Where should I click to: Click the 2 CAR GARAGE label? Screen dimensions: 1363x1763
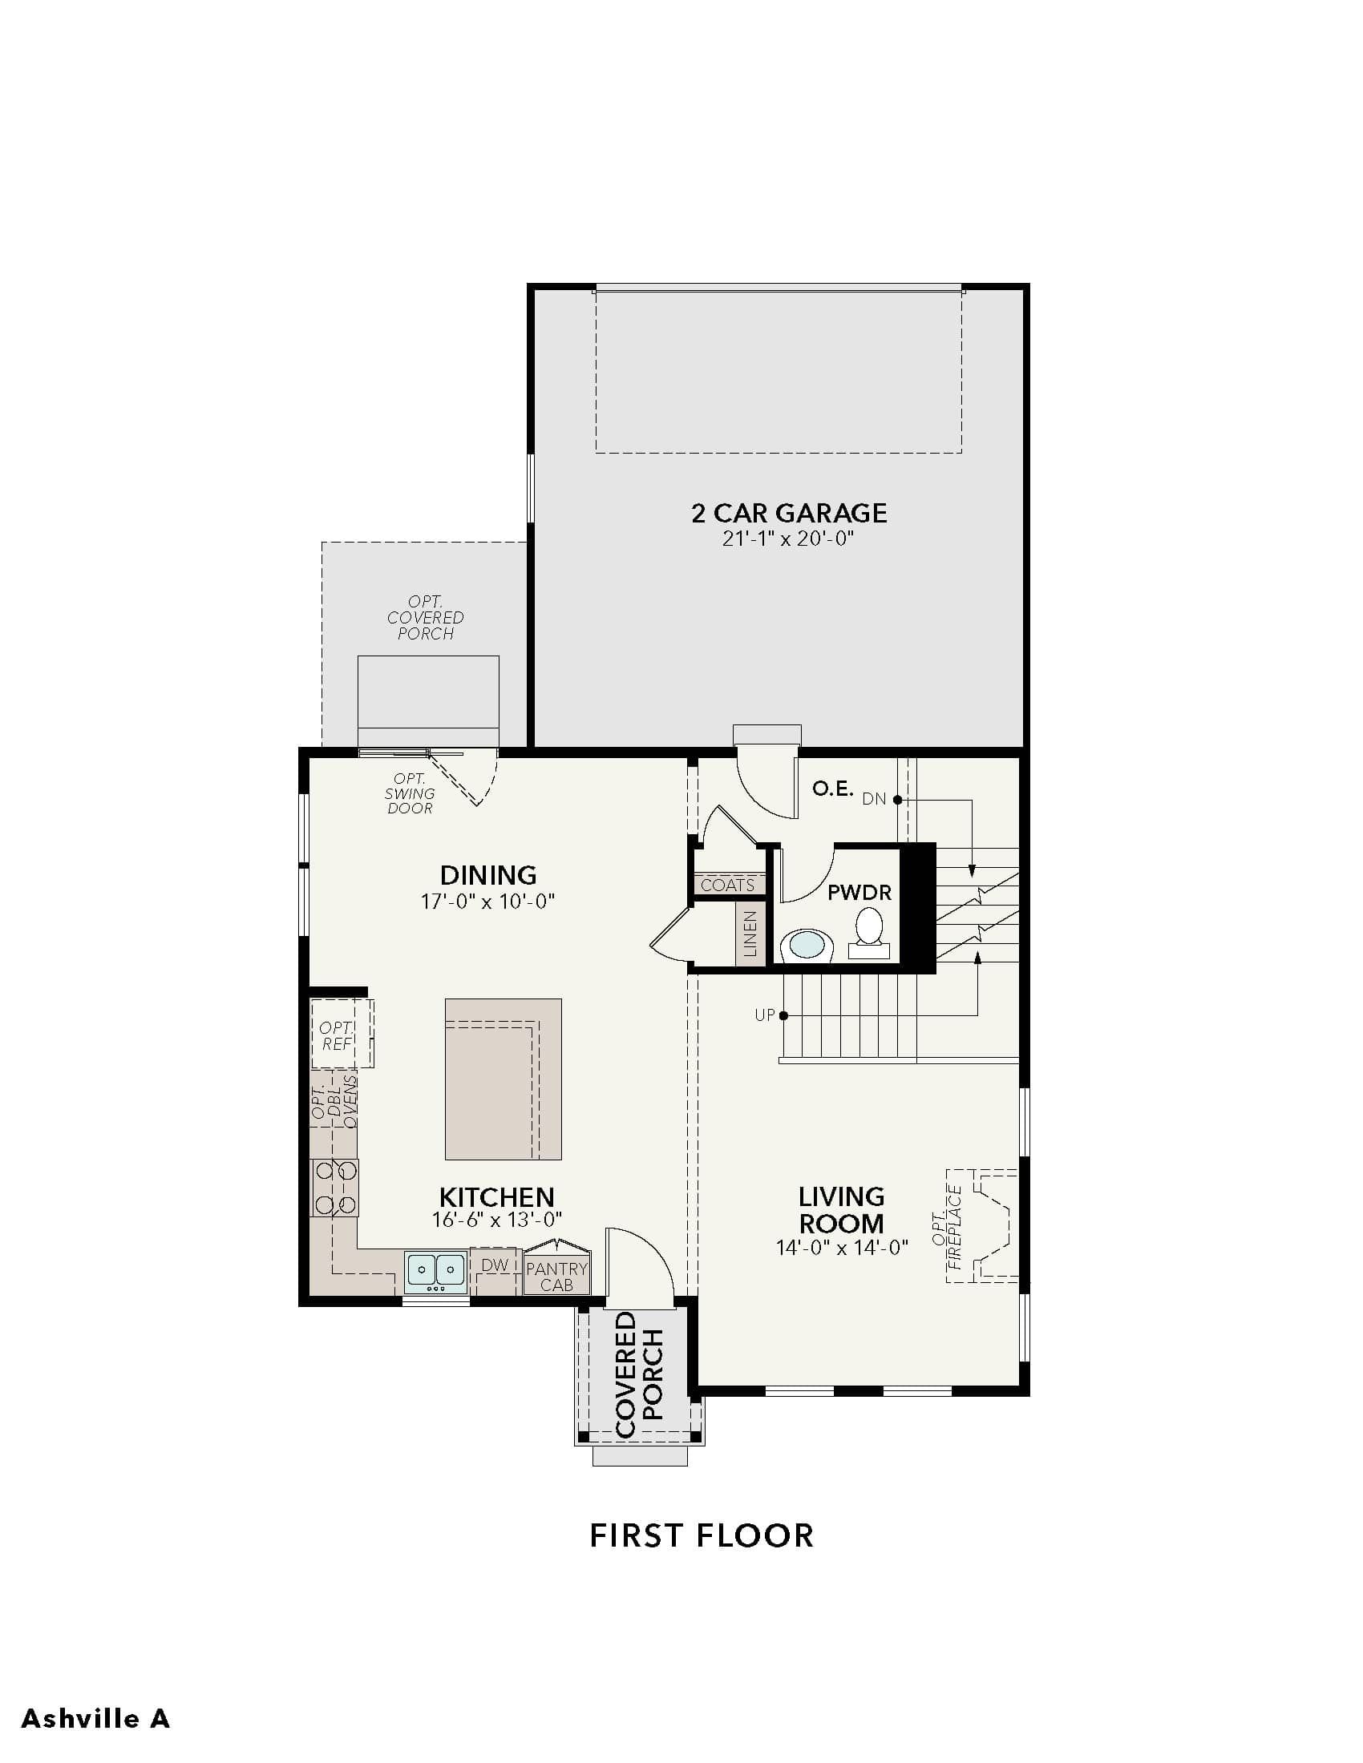point(789,513)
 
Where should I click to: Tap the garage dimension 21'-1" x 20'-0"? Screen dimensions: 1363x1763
point(788,539)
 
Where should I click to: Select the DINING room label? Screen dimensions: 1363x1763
point(487,875)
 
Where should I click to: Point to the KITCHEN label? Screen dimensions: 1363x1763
point(496,1196)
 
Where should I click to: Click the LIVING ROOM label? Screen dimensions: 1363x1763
point(841,1209)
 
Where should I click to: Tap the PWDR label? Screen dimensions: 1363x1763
point(859,893)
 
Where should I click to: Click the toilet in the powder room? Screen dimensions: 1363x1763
point(869,932)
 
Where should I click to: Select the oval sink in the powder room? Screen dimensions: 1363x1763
point(807,945)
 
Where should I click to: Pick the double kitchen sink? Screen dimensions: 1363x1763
point(436,1272)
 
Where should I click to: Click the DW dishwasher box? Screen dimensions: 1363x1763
point(494,1265)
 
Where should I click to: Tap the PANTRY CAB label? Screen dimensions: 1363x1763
point(556,1277)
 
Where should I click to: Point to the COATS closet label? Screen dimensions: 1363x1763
point(727,885)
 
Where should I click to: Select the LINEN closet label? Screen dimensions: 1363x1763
point(751,933)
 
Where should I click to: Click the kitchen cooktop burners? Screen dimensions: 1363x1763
point(335,1188)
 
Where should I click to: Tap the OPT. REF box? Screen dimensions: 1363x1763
point(342,1033)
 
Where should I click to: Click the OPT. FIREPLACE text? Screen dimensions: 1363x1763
point(947,1227)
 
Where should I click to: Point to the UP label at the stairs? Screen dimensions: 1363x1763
point(765,1015)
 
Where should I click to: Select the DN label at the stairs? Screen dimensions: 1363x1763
point(875,799)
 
